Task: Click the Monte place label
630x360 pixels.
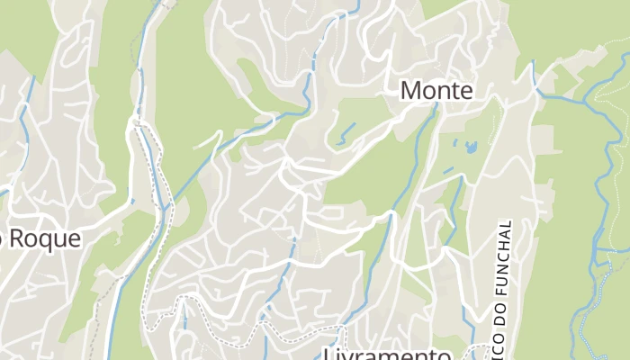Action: coord(436,91)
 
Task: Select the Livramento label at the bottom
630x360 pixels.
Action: coord(387,354)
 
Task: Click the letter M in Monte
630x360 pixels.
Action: coord(410,91)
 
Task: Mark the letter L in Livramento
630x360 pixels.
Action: coord(328,354)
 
